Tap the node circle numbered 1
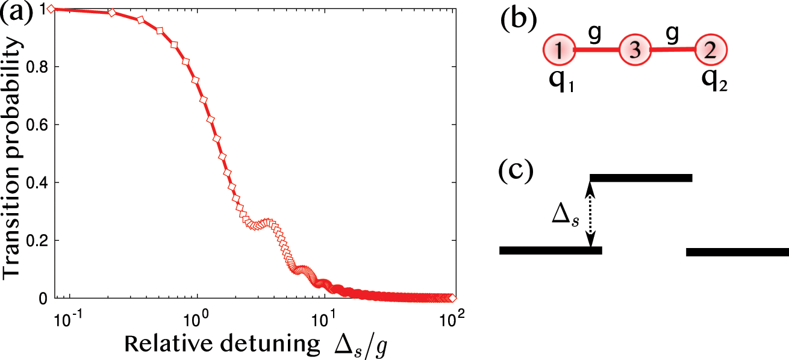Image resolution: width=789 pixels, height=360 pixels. pos(560,51)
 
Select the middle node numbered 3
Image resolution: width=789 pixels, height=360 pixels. pos(635,51)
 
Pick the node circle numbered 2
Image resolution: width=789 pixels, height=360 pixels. pos(711,51)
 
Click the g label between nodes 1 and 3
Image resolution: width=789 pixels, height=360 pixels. pos(594,36)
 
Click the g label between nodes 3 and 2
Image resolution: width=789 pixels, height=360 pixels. pos(670,36)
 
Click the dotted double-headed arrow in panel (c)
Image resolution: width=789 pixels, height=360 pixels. pos(590,214)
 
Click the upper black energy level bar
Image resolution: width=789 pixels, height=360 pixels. pos(641,178)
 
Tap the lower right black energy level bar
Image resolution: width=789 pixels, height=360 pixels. pos(737,252)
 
